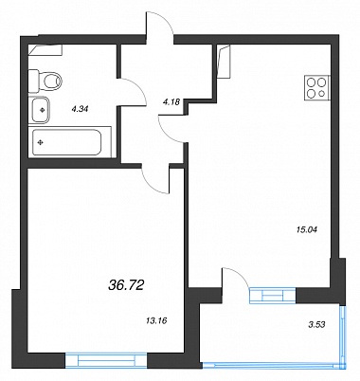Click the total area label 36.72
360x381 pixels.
pos(126,285)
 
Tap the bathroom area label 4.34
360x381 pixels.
pos(80,110)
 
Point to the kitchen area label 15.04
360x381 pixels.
pos(306,229)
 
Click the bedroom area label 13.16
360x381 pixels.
pos(156,321)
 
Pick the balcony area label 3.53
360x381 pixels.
pos(316,324)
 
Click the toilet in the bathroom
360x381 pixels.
pos(45,82)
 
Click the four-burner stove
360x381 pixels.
pos(316,88)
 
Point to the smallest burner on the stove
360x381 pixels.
pos(322,93)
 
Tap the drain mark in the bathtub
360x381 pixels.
pos(41,143)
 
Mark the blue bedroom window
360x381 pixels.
pos(106,360)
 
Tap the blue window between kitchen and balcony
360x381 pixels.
pos(273,296)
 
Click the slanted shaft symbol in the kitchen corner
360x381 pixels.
pos(225,62)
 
